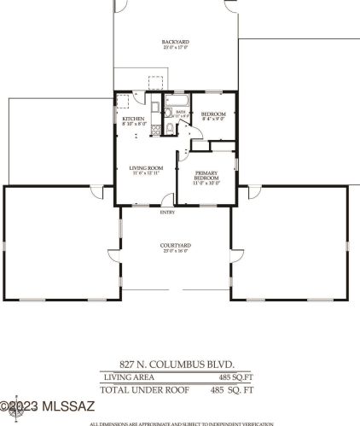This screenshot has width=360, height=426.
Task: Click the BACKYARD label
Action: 175,41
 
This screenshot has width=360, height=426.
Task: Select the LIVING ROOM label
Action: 146,167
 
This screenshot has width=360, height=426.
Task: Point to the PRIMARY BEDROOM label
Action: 206,175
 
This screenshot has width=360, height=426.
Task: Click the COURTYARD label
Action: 175,246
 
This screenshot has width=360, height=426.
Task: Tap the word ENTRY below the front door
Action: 167,213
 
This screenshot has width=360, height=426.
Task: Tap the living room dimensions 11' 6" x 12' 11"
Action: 146,173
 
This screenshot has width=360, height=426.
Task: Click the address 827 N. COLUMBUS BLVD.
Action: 175,363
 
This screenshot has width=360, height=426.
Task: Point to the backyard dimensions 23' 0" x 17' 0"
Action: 175,47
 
